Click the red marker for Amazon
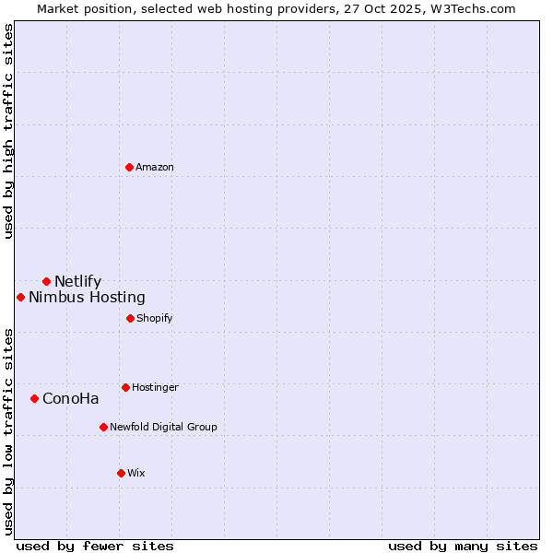coord(129,167)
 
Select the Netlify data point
coord(46,281)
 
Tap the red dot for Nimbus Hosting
coord(20,297)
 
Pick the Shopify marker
coord(130,318)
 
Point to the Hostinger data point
coord(125,387)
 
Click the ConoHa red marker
coord(34,398)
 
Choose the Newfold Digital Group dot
coord(103,427)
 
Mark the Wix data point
coord(121,473)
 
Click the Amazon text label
coord(155,167)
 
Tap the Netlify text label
coord(77,281)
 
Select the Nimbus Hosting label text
coord(87,297)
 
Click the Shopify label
coord(154,318)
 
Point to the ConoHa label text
coord(70,398)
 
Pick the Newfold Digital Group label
coord(163,427)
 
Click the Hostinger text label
coord(155,387)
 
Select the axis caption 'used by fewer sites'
coord(95,546)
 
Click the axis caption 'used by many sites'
coord(463,546)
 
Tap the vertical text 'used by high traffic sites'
coord(9,131)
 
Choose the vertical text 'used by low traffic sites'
coord(9,431)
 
